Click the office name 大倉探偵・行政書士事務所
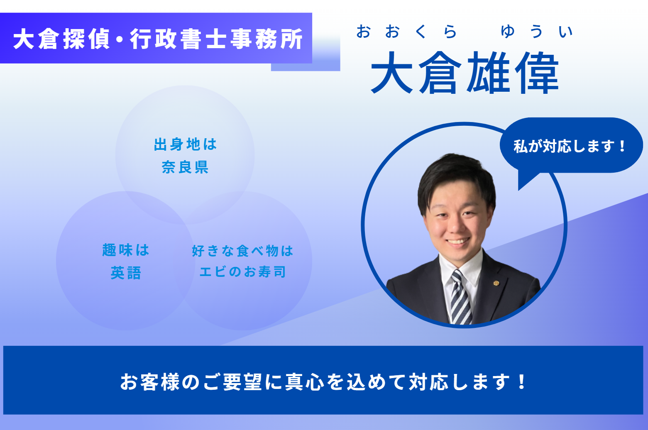pyautogui.click(x=158, y=39)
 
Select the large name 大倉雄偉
pyautogui.click(x=465, y=73)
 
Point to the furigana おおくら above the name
pyautogui.click(x=406, y=32)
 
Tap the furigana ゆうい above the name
pyautogui.click(x=537, y=32)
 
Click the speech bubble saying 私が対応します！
pyautogui.click(x=571, y=145)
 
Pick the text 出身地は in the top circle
pyautogui.click(x=185, y=144)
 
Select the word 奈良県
pyautogui.click(x=185, y=167)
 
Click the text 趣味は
pyautogui.click(x=126, y=250)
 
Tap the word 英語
pyautogui.click(x=126, y=273)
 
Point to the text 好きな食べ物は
pyautogui.click(x=242, y=251)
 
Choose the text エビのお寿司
pyautogui.click(x=242, y=272)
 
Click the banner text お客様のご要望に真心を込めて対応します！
pyautogui.click(x=323, y=382)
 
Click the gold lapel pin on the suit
pyautogui.click(x=496, y=283)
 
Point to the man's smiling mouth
pyautogui.click(x=457, y=241)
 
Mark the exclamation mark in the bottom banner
pyautogui.click(x=522, y=382)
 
